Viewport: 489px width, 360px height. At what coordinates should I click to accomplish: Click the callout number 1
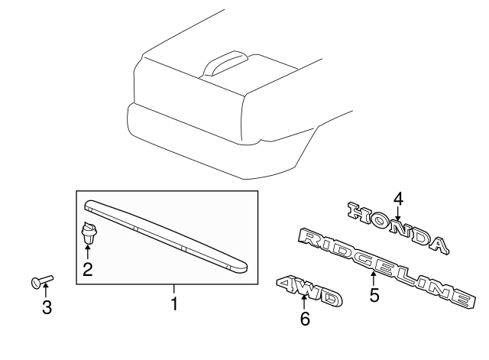pos(173,303)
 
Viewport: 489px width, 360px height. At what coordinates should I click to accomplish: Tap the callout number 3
pos(46,309)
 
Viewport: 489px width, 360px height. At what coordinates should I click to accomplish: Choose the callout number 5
pos(374,294)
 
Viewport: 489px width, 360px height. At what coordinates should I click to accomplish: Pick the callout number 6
pos(305,319)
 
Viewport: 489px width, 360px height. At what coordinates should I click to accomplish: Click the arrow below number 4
pos(398,214)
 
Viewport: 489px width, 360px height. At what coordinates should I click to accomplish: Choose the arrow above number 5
pos(374,277)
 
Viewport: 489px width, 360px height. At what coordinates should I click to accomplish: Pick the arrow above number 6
pos(305,302)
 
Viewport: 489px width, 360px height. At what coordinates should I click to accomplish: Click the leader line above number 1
pos(173,290)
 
